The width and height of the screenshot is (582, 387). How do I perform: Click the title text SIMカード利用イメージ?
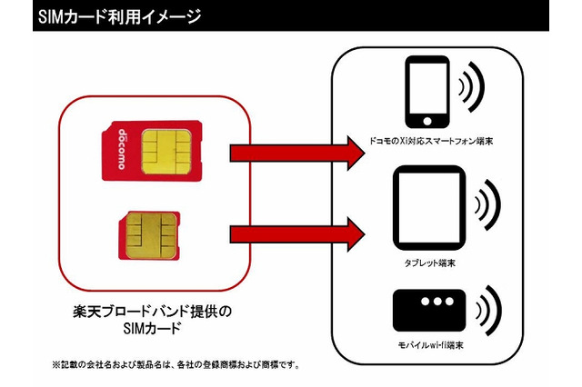pos(119,15)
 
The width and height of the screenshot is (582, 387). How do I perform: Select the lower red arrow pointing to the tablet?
pos(291,234)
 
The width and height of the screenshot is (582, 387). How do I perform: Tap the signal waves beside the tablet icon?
pos(486,206)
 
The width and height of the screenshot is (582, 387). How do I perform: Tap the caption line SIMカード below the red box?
pos(153,330)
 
